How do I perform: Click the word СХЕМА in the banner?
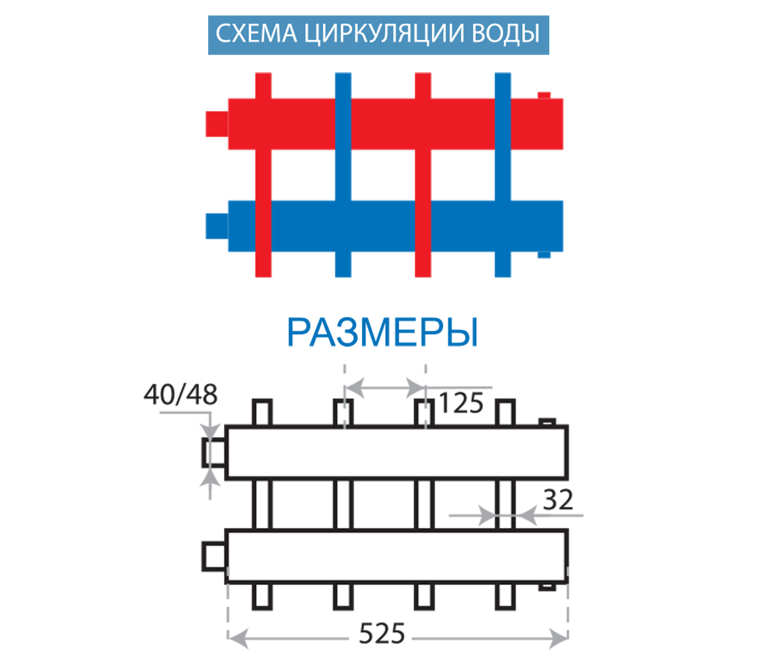[x=256, y=34]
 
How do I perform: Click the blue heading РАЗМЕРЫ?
[x=382, y=333]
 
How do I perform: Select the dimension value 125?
[x=461, y=403]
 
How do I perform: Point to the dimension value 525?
[x=382, y=634]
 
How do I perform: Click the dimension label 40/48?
[x=180, y=395]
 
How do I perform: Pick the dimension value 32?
[x=558, y=500]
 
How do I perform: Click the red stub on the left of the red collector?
[x=216, y=124]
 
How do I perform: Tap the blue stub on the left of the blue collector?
[x=216, y=226]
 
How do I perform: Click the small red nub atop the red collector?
[x=544, y=95]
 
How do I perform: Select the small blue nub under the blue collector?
[x=544, y=255]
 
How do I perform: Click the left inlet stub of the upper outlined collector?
[x=214, y=452]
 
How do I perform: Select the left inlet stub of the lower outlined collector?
[x=214, y=556]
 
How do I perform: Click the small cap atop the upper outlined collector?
[x=547, y=422]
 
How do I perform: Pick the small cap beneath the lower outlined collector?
[x=547, y=587]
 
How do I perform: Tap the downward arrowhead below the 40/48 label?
[x=211, y=431]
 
